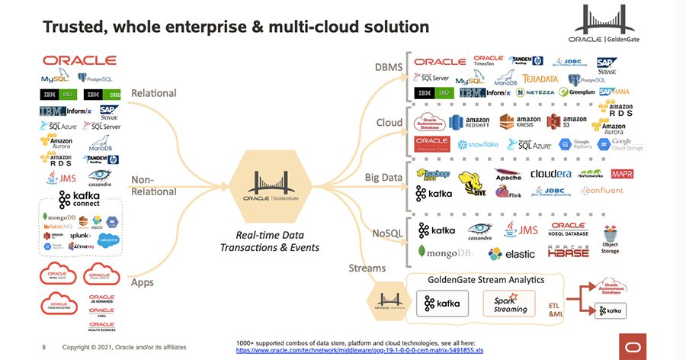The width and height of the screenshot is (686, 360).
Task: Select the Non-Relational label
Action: click(x=155, y=185)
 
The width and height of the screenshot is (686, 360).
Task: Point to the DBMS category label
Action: click(x=386, y=67)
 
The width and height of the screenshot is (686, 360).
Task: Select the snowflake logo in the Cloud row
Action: click(x=478, y=143)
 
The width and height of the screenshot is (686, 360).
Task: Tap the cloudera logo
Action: click(x=550, y=173)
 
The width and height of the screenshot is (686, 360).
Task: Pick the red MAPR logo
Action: click(x=622, y=174)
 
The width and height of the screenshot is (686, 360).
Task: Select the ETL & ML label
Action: click(x=558, y=308)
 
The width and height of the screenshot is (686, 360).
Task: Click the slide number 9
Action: click(x=43, y=347)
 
